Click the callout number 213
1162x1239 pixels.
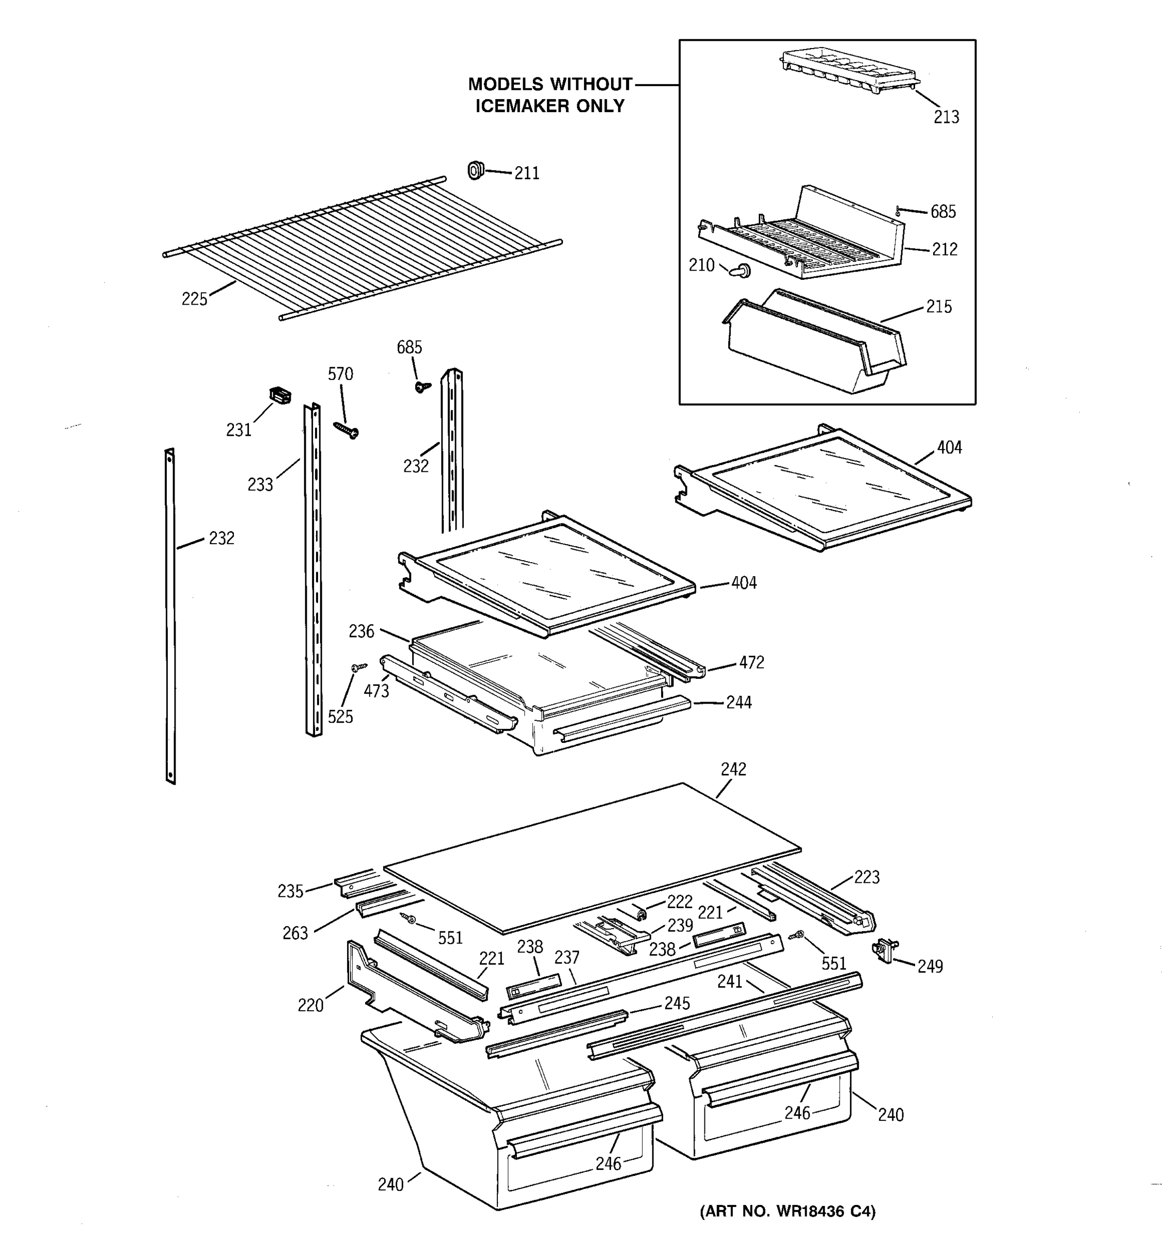[x=946, y=117]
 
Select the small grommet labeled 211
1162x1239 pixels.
[x=476, y=169]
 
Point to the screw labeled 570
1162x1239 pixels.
[x=346, y=430]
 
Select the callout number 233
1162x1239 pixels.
[x=260, y=484]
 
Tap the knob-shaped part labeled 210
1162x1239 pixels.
[x=742, y=271]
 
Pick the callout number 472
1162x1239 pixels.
[x=751, y=662]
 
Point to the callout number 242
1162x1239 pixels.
[x=733, y=769]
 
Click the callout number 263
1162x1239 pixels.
[x=295, y=933]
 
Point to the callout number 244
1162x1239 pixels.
[x=739, y=703]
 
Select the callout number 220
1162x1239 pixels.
[x=310, y=1005]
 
